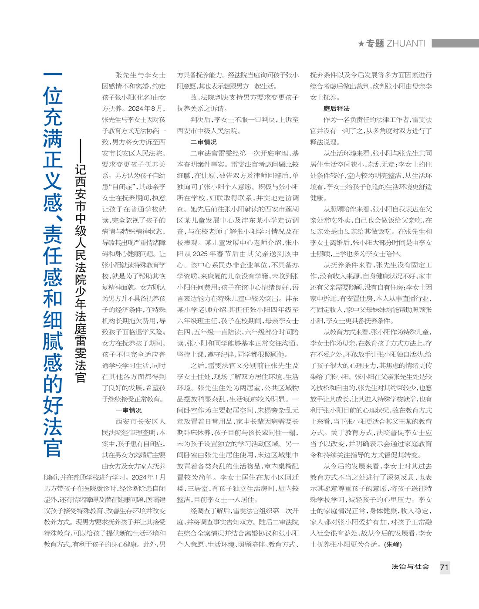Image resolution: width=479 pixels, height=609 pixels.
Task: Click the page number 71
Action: [x=444, y=567]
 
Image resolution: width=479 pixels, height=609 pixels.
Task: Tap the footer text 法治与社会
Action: [x=410, y=567]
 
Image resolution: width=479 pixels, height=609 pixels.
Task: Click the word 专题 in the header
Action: [x=374, y=44]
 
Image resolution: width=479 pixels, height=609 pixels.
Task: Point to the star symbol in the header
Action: [x=361, y=44]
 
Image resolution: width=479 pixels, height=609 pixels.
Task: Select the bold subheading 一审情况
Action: [x=128, y=410]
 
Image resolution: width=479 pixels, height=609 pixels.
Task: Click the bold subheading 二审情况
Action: [x=203, y=142]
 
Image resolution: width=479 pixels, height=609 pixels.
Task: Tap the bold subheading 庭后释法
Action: [x=336, y=108]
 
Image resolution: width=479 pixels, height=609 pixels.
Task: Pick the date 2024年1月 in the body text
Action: [x=148, y=477]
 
